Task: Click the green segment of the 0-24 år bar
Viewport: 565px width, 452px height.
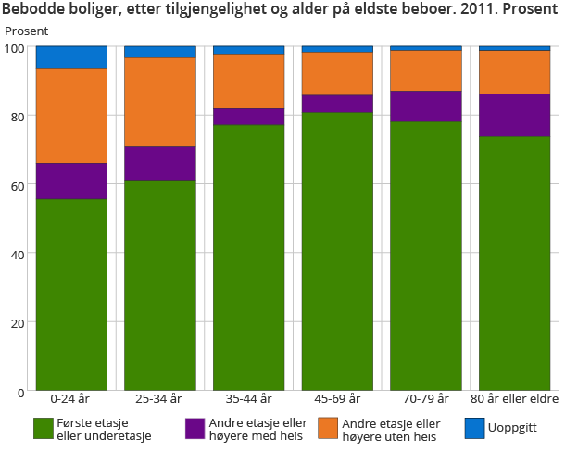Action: point(71,295)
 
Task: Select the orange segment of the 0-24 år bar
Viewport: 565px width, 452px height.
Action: point(71,116)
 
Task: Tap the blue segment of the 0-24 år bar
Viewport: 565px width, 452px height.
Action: point(71,57)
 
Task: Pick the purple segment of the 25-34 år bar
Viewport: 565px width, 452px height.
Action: point(160,164)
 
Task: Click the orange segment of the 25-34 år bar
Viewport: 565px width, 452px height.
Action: point(160,102)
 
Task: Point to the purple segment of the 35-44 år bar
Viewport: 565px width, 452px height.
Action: point(248,117)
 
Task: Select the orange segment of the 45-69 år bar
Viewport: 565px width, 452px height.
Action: point(337,73)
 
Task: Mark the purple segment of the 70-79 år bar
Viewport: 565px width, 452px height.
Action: point(425,107)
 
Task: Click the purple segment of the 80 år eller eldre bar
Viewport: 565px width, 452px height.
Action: point(514,116)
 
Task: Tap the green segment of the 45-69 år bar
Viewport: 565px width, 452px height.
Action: point(337,251)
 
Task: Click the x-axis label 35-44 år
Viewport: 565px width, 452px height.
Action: point(248,399)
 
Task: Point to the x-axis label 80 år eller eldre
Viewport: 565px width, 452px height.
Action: point(514,399)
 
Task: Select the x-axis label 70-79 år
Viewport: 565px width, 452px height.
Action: point(425,399)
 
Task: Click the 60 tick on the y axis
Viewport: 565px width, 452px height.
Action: point(21,184)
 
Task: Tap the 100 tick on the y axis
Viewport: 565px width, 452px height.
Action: point(18,46)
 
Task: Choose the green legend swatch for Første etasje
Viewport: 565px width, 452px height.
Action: point(43,428)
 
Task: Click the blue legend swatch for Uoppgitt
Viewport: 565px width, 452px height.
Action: point(473,428)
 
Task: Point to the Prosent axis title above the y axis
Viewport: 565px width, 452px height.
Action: point(25,31)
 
